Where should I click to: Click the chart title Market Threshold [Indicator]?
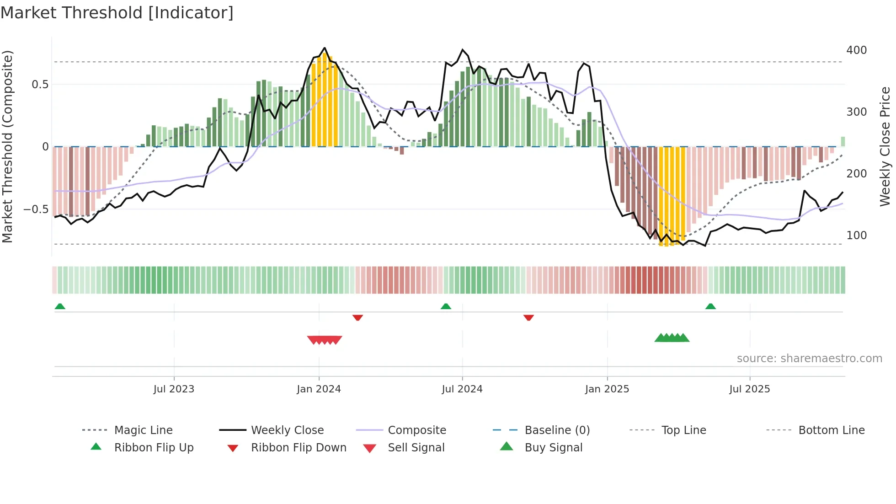[117, 13]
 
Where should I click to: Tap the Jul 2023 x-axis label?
[174, 389]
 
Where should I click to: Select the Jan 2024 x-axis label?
[319, 389]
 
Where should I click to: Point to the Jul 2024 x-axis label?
[462, 389]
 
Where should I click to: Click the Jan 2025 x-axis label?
[607, 389]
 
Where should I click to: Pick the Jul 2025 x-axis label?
[749, 389]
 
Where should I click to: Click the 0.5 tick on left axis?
[40, 85]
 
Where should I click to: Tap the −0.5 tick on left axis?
[36, 209]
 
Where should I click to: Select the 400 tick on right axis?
[856, 50]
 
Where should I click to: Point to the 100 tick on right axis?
[856, 236]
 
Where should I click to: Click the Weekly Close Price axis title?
[885, 146]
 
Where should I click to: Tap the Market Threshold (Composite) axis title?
[7, 146]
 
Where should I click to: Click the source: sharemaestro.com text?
[809, 359]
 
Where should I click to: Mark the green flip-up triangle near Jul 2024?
[446, 306]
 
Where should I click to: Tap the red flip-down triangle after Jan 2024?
[357, 317]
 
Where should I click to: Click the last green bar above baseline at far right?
[843, 142]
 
